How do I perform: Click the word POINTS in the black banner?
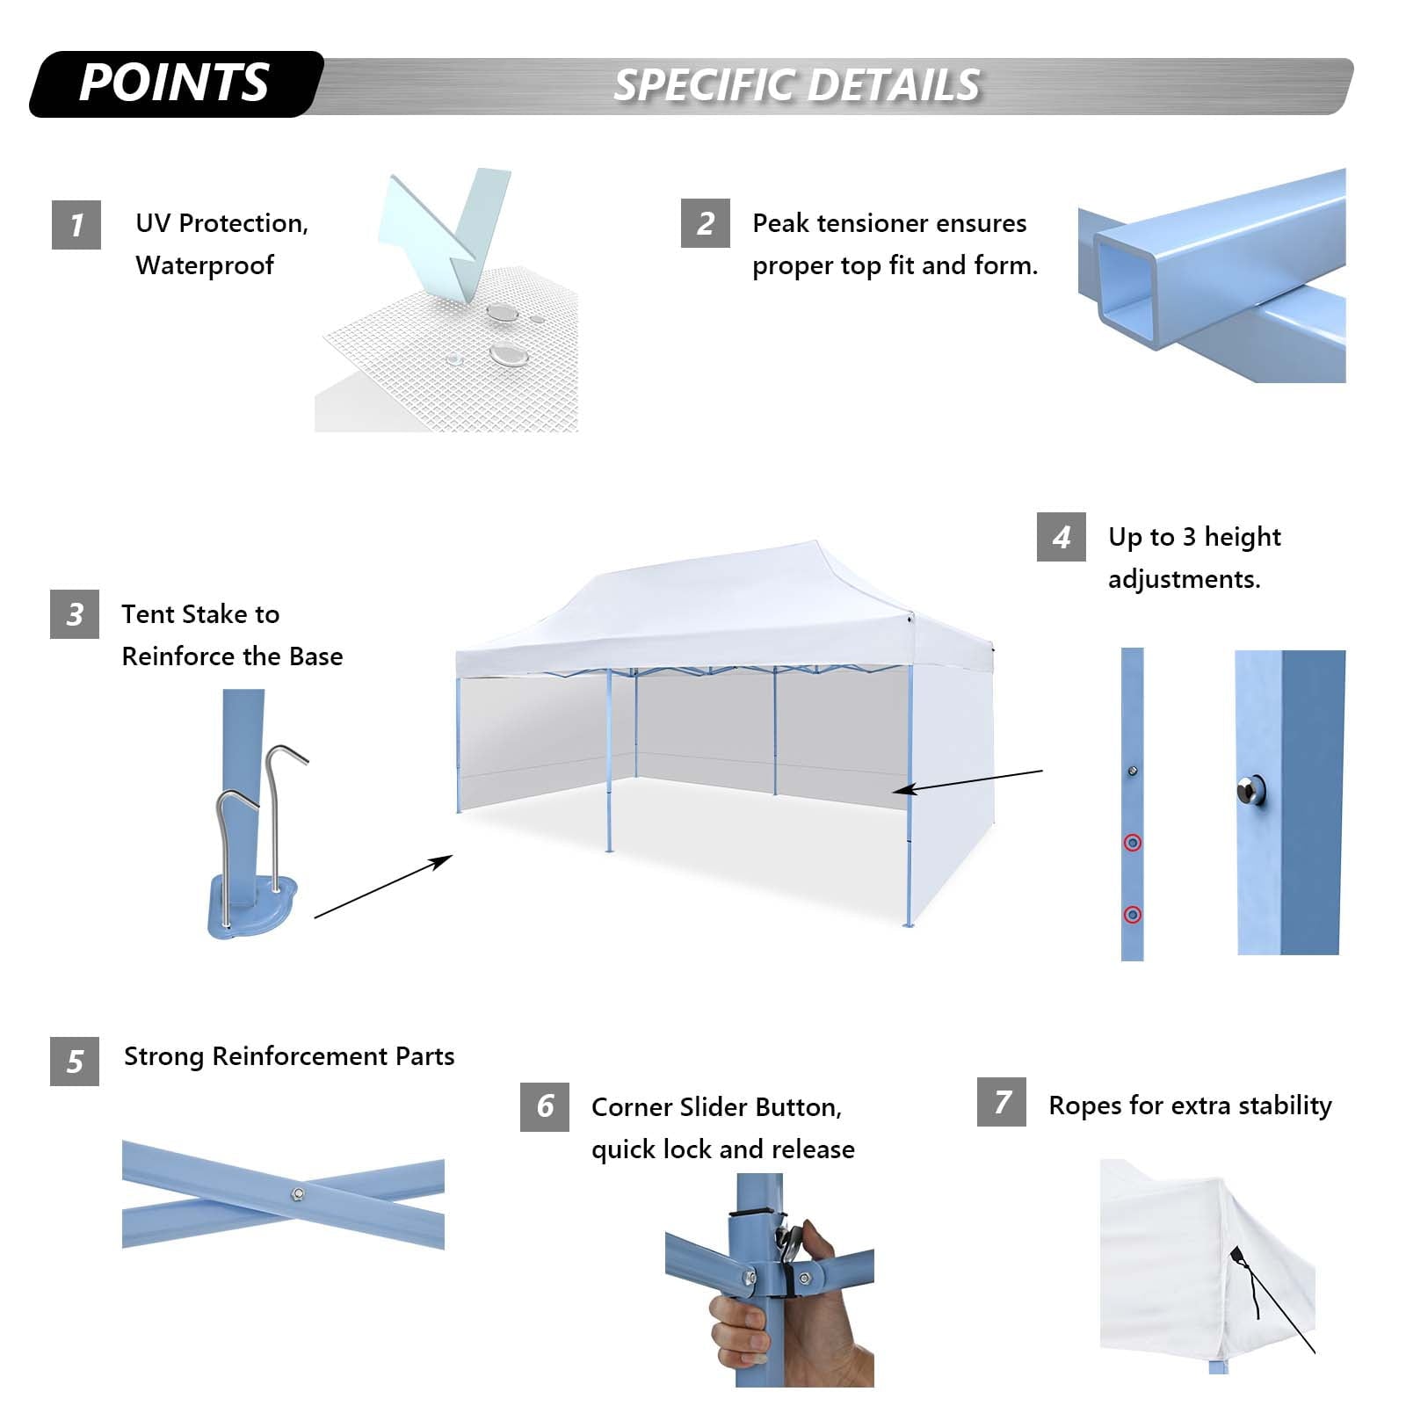tap(173, 83)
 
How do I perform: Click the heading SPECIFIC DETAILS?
tap(796, 86)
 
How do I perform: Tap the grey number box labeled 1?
tap(76, 225)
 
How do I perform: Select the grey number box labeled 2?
tap(705, 223)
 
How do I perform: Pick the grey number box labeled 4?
tap(1061, 537)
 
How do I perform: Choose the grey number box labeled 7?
tap(1001, 1102)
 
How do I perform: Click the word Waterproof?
tap(204, 265)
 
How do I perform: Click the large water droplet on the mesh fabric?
tap(507, 354)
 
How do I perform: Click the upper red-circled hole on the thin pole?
tap(1133, 843)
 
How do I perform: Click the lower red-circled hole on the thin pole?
tap(1133, 915)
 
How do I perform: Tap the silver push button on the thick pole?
tap(1248, 790)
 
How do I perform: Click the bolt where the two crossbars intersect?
tap(298, 1193)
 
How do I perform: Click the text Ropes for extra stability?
tap(1190, 1105)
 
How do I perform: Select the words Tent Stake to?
tap(200, 614)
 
